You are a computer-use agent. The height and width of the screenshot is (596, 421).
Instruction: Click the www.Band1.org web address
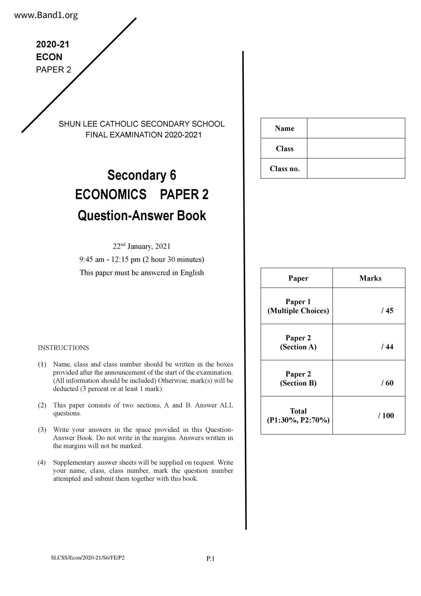[46, 15]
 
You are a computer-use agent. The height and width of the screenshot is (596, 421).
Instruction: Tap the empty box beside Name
[356, 128]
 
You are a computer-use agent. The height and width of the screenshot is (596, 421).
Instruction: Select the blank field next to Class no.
[356, 169]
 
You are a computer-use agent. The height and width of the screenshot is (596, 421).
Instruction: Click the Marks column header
[370, 278]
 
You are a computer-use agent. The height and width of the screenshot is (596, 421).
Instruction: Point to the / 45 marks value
[387, 311]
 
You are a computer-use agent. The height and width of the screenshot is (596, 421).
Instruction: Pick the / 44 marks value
[387, 347]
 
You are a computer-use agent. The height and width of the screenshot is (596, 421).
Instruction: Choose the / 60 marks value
[387, 383]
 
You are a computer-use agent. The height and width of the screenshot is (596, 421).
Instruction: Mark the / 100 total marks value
[386, 416]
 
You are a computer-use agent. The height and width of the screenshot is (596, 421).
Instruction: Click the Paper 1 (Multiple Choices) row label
[298, 306]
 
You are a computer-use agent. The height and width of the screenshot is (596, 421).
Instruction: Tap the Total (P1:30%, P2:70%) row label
[298, 416]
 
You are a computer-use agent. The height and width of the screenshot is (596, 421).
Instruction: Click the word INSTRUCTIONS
[63, 348]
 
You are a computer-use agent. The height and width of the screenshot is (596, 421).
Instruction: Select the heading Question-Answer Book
[142, 216]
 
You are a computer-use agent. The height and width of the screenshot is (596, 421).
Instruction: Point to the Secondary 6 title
[142, 175]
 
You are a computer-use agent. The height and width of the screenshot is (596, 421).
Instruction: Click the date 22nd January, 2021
[142, 246]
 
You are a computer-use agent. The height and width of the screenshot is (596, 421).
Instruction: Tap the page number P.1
[210, 559]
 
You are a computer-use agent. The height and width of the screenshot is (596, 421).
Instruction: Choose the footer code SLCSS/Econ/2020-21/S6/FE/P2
[88, 558]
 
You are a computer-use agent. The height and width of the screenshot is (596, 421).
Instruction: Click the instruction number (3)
[42, 430]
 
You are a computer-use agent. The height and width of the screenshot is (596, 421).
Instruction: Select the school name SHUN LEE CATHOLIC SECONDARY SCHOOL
[142, 124]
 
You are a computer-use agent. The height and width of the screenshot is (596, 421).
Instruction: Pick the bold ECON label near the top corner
[49, 57]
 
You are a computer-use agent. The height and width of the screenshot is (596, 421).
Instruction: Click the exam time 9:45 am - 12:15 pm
[110, 260]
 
